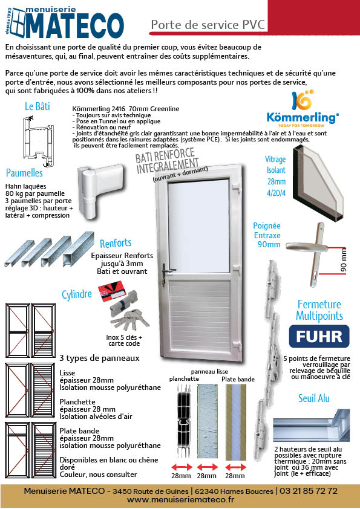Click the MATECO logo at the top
pos(65,23)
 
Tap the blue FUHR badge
pos(319,337)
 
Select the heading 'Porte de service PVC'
pos(208,25)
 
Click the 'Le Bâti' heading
pos(38,106)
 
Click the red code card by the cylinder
pos(112,292)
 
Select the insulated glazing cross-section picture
pos(318,184)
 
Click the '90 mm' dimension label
pos(344,259)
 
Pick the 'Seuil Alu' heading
pos(314,398)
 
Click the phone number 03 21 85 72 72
pos(309,491)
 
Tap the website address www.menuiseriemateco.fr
pos(181,501)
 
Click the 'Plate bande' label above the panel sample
pos(238,379)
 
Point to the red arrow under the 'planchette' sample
pos(182,467)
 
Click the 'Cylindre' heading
pos(77,294)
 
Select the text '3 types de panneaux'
pos(99,358)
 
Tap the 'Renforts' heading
pos(116,243)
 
